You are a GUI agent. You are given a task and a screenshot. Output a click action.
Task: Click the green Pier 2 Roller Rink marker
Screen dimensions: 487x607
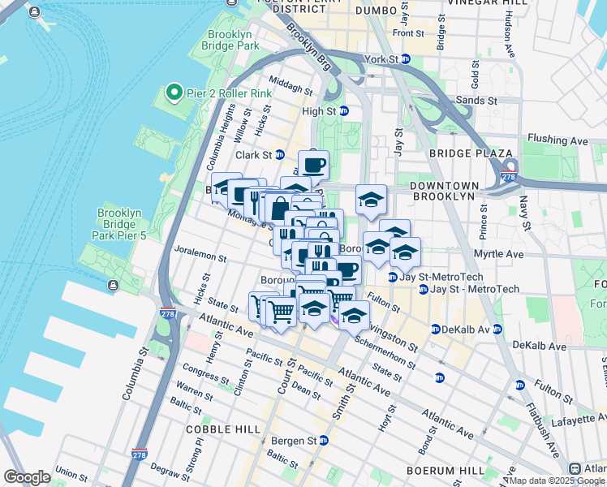tap(173, 93)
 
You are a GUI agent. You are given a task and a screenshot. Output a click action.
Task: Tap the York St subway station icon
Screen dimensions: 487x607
tap(408, 60)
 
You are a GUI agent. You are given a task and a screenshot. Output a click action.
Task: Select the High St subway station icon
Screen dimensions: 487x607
tap(343, 111)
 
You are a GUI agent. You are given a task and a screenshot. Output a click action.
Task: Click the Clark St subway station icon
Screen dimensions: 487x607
tap(280, 154)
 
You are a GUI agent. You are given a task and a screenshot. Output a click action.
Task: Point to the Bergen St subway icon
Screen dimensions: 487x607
tap(324, 440)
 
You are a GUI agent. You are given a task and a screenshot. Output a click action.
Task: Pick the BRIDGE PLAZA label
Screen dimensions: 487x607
tap(471, 153)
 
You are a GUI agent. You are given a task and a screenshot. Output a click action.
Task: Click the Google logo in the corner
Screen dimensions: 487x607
tap(27, 477)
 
